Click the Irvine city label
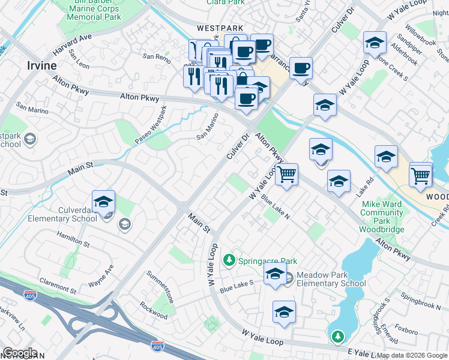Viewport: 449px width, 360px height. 41,65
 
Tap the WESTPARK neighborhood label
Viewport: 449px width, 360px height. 221,28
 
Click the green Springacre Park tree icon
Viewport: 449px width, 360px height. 228,260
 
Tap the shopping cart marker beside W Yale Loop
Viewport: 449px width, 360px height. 287,175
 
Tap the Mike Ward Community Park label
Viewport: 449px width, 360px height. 382,217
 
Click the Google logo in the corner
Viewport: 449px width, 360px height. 20,352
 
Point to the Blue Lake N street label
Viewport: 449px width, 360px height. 276,209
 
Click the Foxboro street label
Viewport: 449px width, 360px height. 406,329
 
